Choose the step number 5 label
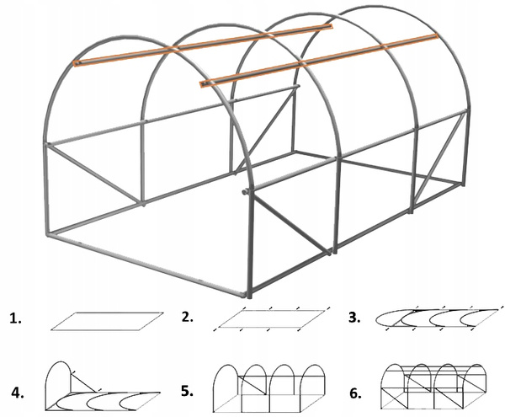[x=187, y=392]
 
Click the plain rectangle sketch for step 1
[x=105, y=320]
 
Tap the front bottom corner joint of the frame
[x=250, y=294]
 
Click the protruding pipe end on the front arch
[x=245, y=193]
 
